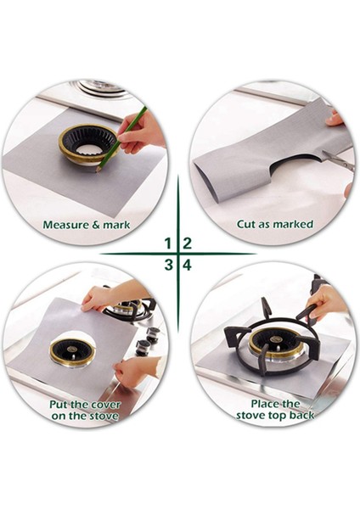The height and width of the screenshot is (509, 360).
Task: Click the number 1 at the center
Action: (x=168, y=243)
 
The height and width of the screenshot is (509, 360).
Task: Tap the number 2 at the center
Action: (x=187, y=243)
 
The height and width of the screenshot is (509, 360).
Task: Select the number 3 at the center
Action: (x=168, y=265)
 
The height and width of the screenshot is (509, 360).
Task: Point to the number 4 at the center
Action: (x=187, y=265)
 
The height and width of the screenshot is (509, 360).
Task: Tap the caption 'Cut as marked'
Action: (x=274, y=225)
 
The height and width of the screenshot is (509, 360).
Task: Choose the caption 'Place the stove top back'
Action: (x=274, y=410)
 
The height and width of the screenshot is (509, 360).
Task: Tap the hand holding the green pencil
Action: (x=143, y=131)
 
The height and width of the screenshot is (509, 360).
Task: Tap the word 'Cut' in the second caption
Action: (x=247, y=225)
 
